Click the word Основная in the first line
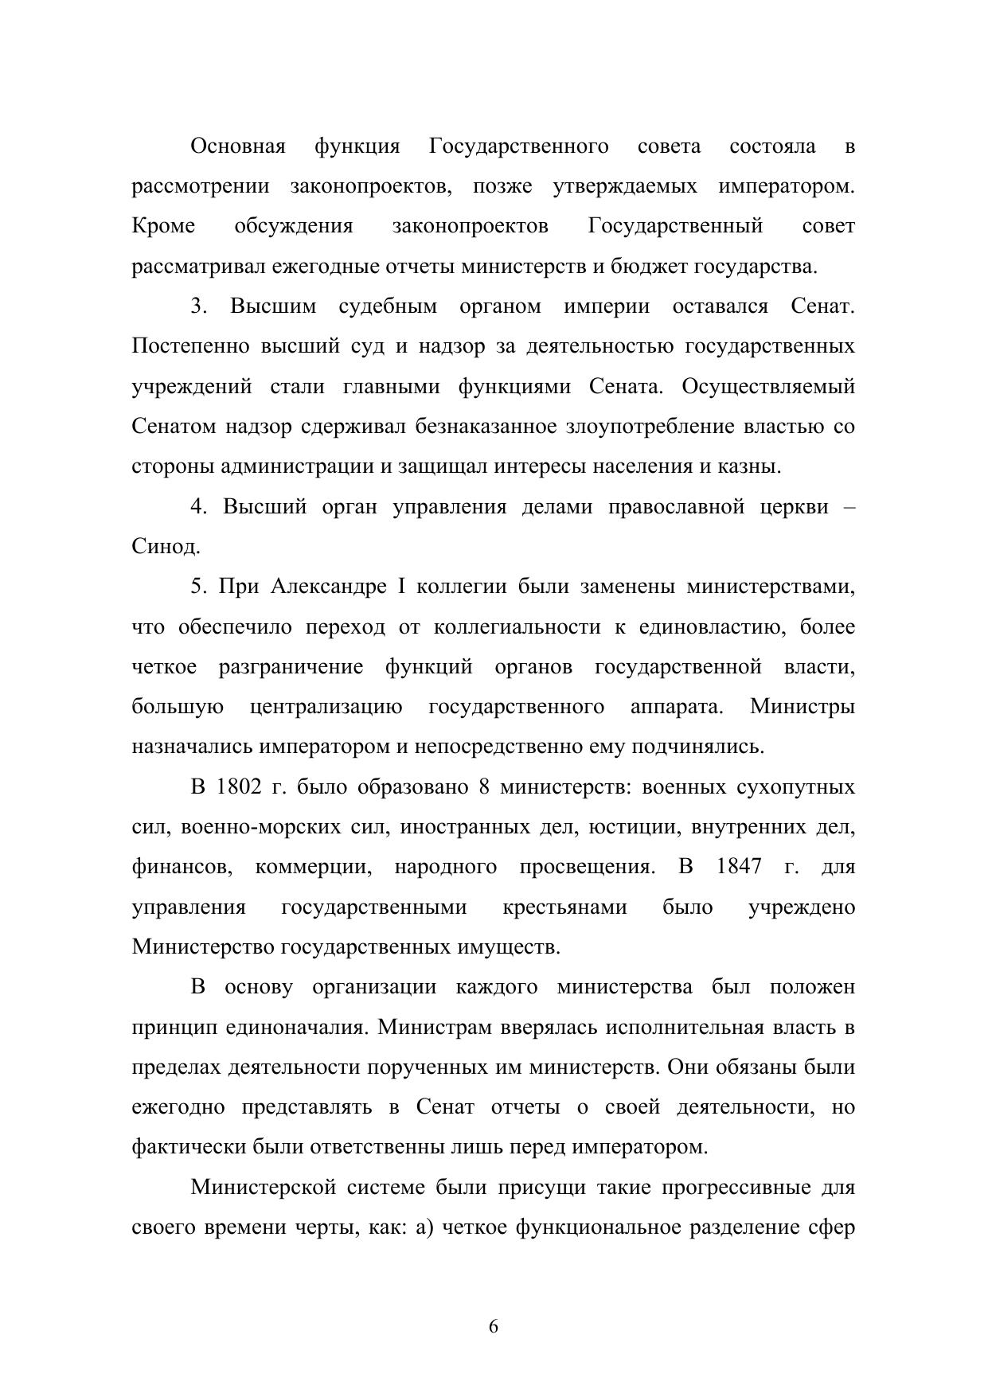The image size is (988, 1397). [237, 146]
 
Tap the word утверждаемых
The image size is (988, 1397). [624, 186]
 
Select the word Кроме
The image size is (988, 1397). [163, 226]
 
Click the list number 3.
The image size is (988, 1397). [197, 306]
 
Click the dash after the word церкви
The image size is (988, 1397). [848, 507]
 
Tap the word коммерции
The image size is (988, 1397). [314, 867]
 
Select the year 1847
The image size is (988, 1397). [738, 867]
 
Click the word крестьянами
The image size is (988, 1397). [564, 907]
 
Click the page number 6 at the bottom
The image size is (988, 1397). [494, 1327]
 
